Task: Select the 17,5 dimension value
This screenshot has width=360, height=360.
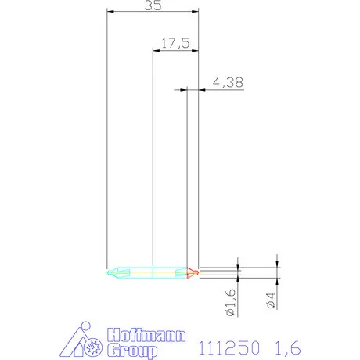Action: click(175, 43)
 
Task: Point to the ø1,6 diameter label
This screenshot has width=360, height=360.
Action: click(231, 301)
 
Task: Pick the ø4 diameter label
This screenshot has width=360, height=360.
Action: click(270, 300)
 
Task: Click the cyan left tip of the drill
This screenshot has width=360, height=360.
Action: click(112, 273)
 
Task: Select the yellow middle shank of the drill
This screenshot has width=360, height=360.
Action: click(153, 273)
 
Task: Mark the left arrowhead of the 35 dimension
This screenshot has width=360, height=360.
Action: click(110, 12)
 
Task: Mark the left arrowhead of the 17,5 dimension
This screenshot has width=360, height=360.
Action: click(155, 51)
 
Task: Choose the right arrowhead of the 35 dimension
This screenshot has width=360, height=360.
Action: click(196, 12)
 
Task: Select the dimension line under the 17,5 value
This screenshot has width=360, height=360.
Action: click(175, 51)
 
